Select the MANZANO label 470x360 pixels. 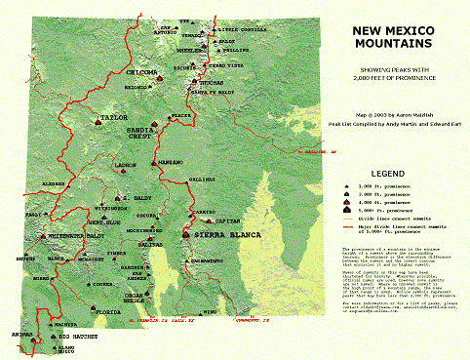point(171,161)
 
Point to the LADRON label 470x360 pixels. point(124,166)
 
